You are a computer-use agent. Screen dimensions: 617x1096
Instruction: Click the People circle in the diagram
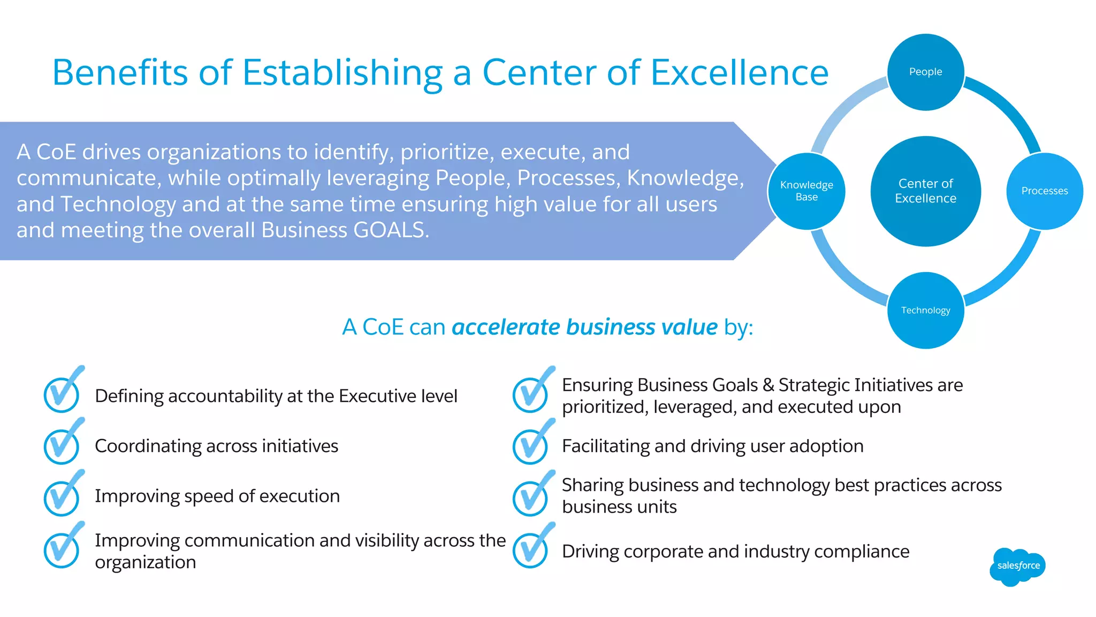tap(925, 72)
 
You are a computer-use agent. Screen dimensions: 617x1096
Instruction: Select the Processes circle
tap(1044, 191)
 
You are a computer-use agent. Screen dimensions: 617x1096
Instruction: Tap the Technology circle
tap(925, 311)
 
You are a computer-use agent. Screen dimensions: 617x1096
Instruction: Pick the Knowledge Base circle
tap(806, 191)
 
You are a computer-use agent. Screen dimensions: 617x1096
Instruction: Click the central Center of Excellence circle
tap(925, 191)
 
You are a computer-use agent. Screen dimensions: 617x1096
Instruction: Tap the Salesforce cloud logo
tap(1018, 566)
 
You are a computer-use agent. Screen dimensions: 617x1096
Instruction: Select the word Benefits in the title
tap(120, 72)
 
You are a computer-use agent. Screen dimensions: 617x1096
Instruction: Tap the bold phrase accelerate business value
tap(584, 327)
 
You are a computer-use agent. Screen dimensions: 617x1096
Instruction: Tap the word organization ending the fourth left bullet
tap(146, 563)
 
